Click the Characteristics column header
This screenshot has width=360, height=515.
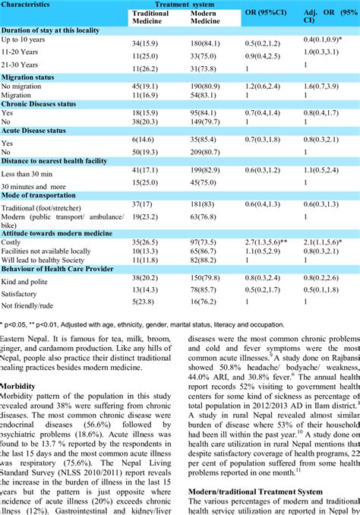28,4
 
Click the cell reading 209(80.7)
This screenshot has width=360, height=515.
201,152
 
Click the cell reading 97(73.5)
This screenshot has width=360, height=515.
202,240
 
